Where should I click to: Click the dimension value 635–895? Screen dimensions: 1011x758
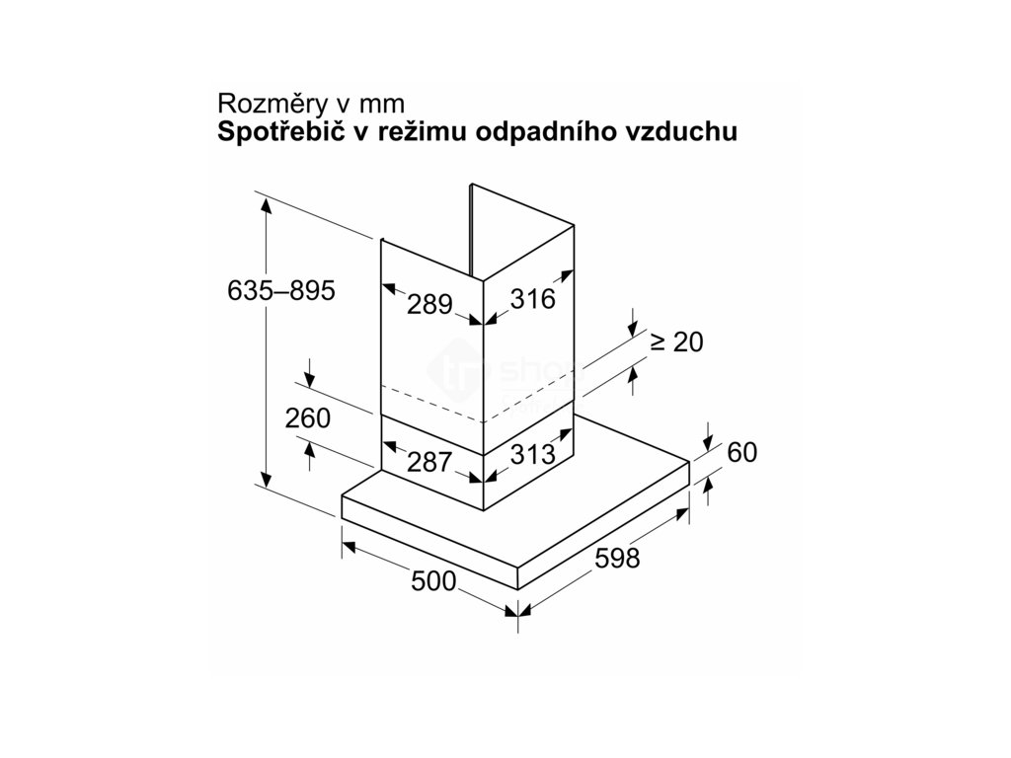[x=280, y=291]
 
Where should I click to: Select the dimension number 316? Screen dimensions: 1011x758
[x=534, y=297]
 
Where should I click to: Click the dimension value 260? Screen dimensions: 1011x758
[x=307, y=417]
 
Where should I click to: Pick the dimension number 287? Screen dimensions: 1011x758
[x=429, y=461]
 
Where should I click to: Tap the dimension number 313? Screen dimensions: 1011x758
[x=534, y=454]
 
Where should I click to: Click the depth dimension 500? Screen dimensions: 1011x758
[x=433, y=582]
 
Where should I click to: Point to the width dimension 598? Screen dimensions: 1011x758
[x=618, y=559]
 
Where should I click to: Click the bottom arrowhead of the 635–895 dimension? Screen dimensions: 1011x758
[x=266, y=481]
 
